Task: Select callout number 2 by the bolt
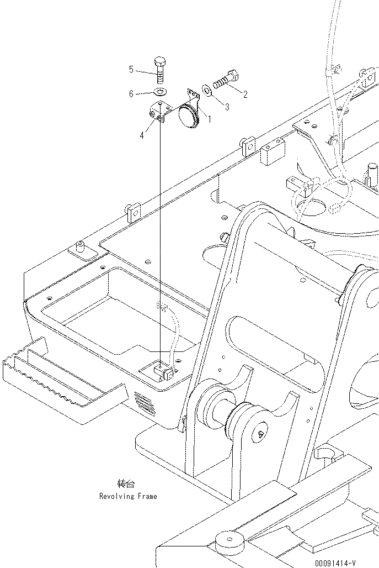(x=245, y=94)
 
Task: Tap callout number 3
(x=227, y=107)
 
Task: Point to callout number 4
(x=141, y=134)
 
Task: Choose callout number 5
(x=131, y=69)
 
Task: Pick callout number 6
(x=131, y=94)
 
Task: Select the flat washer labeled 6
(x=159, y=92)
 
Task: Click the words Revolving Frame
(x=128, y=496)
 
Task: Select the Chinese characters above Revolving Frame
(x=126, y=484)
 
